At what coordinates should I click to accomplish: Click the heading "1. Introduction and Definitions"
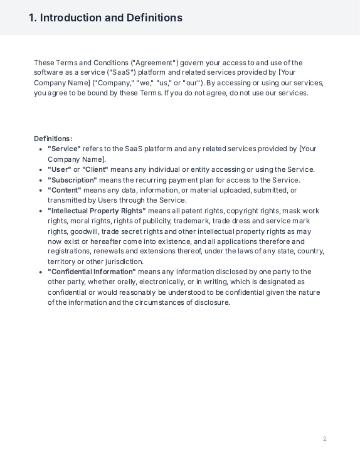(105, 18)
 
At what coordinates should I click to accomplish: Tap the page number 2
(325, 439)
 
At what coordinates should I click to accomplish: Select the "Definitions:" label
(53, 139)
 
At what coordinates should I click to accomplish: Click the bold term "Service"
(65, 149)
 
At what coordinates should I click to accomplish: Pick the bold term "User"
(60, 169)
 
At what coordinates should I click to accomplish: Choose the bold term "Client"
(95, 169)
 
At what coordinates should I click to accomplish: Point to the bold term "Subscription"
(72, 180)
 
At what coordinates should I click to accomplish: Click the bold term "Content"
(65, 190)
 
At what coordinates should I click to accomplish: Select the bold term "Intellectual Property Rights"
(97, 211)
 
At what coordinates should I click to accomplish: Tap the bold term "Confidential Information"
(92, 272)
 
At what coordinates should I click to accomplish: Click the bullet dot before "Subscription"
(41, 180)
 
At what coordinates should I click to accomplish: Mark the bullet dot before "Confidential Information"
(41, 272)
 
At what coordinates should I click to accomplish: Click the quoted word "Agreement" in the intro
(154, 63)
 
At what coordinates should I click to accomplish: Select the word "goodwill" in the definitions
(83, 231)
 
